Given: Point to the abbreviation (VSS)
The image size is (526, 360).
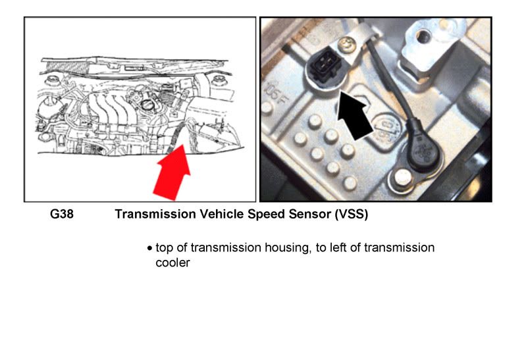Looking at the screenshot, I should pos(342,215).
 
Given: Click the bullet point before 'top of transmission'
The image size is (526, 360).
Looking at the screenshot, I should pos(150,249).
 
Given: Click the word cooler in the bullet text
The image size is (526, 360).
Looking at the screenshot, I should pos(168,263).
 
